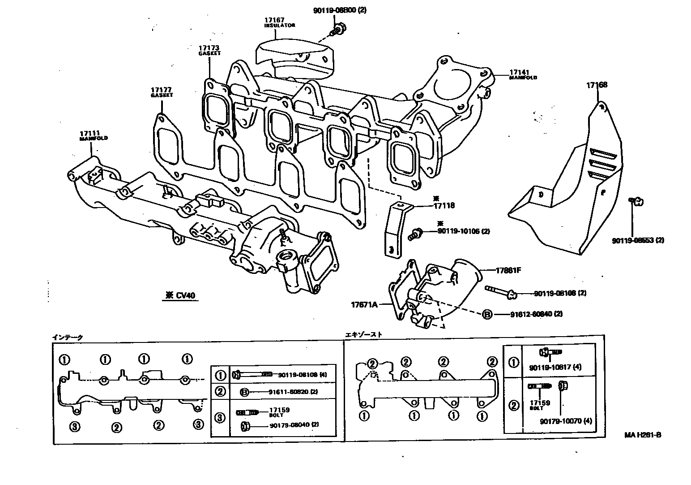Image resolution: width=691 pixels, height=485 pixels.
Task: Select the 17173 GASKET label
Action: coord(209,50)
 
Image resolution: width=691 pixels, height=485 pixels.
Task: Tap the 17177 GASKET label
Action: coord(162,92)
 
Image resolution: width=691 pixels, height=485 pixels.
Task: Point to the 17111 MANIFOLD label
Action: coord(93,135)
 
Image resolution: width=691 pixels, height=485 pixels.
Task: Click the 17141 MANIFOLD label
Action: coord(522,74)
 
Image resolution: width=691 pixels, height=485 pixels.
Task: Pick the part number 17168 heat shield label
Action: coord(597,85)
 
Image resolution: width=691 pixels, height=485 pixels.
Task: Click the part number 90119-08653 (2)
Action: coord(638,240)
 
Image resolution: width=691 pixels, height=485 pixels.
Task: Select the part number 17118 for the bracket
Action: coord(444,206)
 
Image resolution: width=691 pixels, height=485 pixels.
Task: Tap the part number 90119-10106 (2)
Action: coord(464,231)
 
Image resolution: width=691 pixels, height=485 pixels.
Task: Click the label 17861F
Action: coord(508,270)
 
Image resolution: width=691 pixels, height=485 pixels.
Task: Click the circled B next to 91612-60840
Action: coord(487,314)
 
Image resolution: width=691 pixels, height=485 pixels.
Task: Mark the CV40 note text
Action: coord(180,295)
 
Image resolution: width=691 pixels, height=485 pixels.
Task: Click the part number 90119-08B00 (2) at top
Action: coord(340,10)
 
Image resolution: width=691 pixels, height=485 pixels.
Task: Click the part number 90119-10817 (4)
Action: coord(555,367)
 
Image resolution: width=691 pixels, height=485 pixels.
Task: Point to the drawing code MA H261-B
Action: coord(643,435)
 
